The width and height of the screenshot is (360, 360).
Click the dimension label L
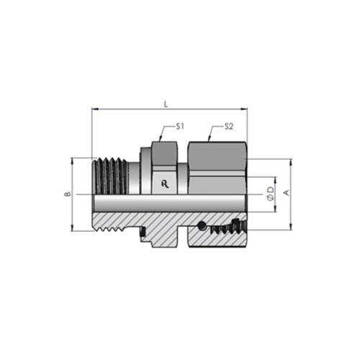point(166,104)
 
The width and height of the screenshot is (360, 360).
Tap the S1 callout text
point(180,127)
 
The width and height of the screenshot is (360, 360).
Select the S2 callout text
point(229,127)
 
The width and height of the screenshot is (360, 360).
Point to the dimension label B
point(68,194)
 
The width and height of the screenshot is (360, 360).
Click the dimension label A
point(287,192)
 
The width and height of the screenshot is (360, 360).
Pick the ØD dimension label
point(271,194)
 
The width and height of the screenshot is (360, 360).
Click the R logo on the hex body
point(165,184)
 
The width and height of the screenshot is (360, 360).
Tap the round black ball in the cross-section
point(202,225)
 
